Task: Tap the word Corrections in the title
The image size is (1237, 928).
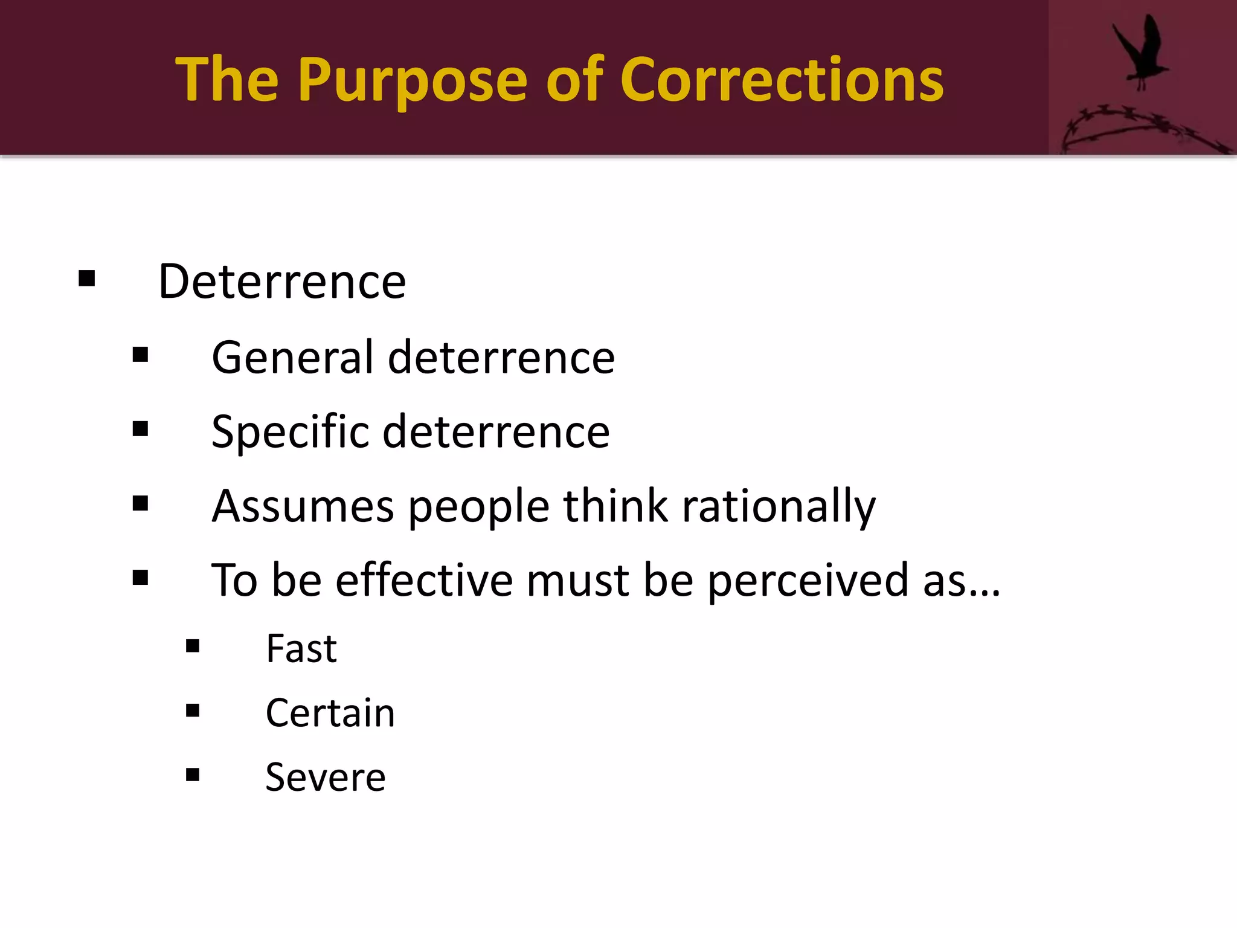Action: click(x=781, y=80)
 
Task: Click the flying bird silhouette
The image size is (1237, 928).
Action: click(x=1140, y=51)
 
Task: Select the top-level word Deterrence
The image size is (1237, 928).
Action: click(x=281, y=282)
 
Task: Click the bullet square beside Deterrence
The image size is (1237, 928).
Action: click(x=87, y=279)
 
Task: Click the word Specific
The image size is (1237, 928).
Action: click(x=290, y=432)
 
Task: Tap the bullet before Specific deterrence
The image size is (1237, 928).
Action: click(x=140, y=429)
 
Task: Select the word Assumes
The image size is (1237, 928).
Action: click(x=303, y=506)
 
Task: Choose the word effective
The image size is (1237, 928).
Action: click(x=424, y=580)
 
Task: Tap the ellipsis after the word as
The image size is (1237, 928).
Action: click(x=985, y=592)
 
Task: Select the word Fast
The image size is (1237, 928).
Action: click(x=301, y=649)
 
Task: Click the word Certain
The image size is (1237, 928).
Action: click(x=330, y=713)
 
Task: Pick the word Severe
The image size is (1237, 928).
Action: click(x=325, y=777)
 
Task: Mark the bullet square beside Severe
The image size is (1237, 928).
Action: click(x=193, y=775)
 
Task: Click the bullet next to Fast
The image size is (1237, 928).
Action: click(x=193, y=646)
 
